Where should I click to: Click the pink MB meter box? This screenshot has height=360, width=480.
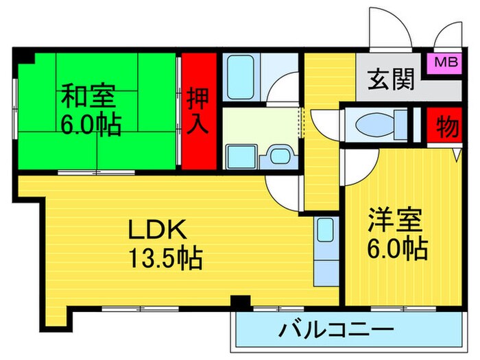click(444, 62)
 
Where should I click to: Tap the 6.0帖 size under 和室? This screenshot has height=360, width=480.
click(90, 125)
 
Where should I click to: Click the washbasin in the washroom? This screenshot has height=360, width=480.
click(279, 156)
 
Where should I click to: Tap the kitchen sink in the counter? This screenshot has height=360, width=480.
click(324, 230)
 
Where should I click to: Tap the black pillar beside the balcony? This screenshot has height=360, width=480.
click(240, 302)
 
